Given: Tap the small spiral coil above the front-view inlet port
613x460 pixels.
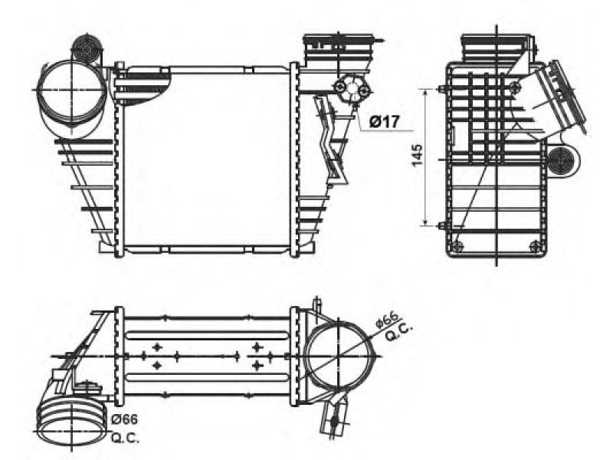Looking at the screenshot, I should pyautogui.click(x=85, y=49).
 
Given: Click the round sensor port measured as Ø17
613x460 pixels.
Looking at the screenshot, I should pyautogui.click(x=351, y=90).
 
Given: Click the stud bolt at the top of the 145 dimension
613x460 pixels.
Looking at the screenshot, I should pyautogui.click(x=443, y=90).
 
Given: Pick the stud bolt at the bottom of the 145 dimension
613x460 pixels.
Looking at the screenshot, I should pyautogui.click(x=442, y=225).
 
